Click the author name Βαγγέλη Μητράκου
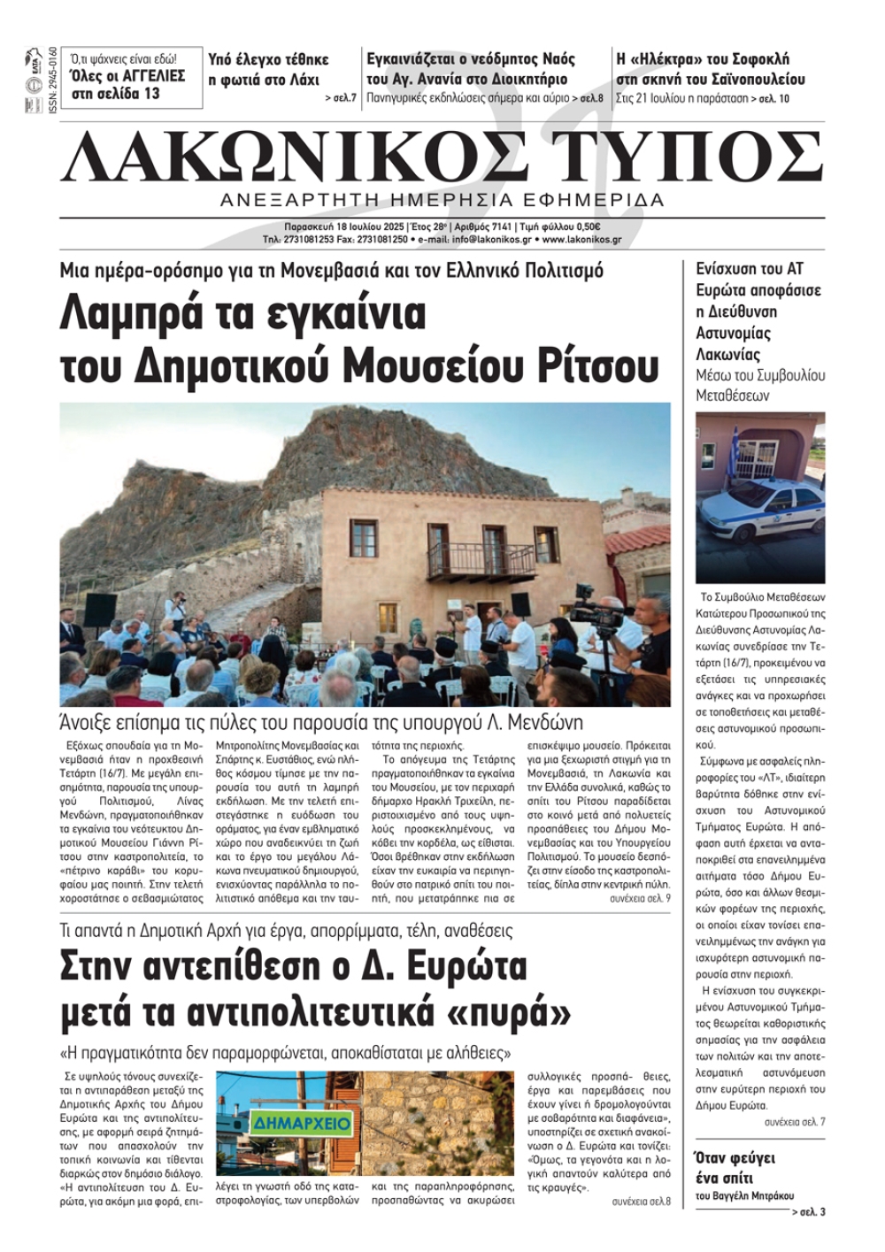pos(744,1195)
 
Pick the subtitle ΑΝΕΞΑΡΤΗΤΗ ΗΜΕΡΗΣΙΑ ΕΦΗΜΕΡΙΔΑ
pos(442,200)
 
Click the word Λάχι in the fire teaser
pos(301,80)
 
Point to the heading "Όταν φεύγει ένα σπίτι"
pos(734,1168)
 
